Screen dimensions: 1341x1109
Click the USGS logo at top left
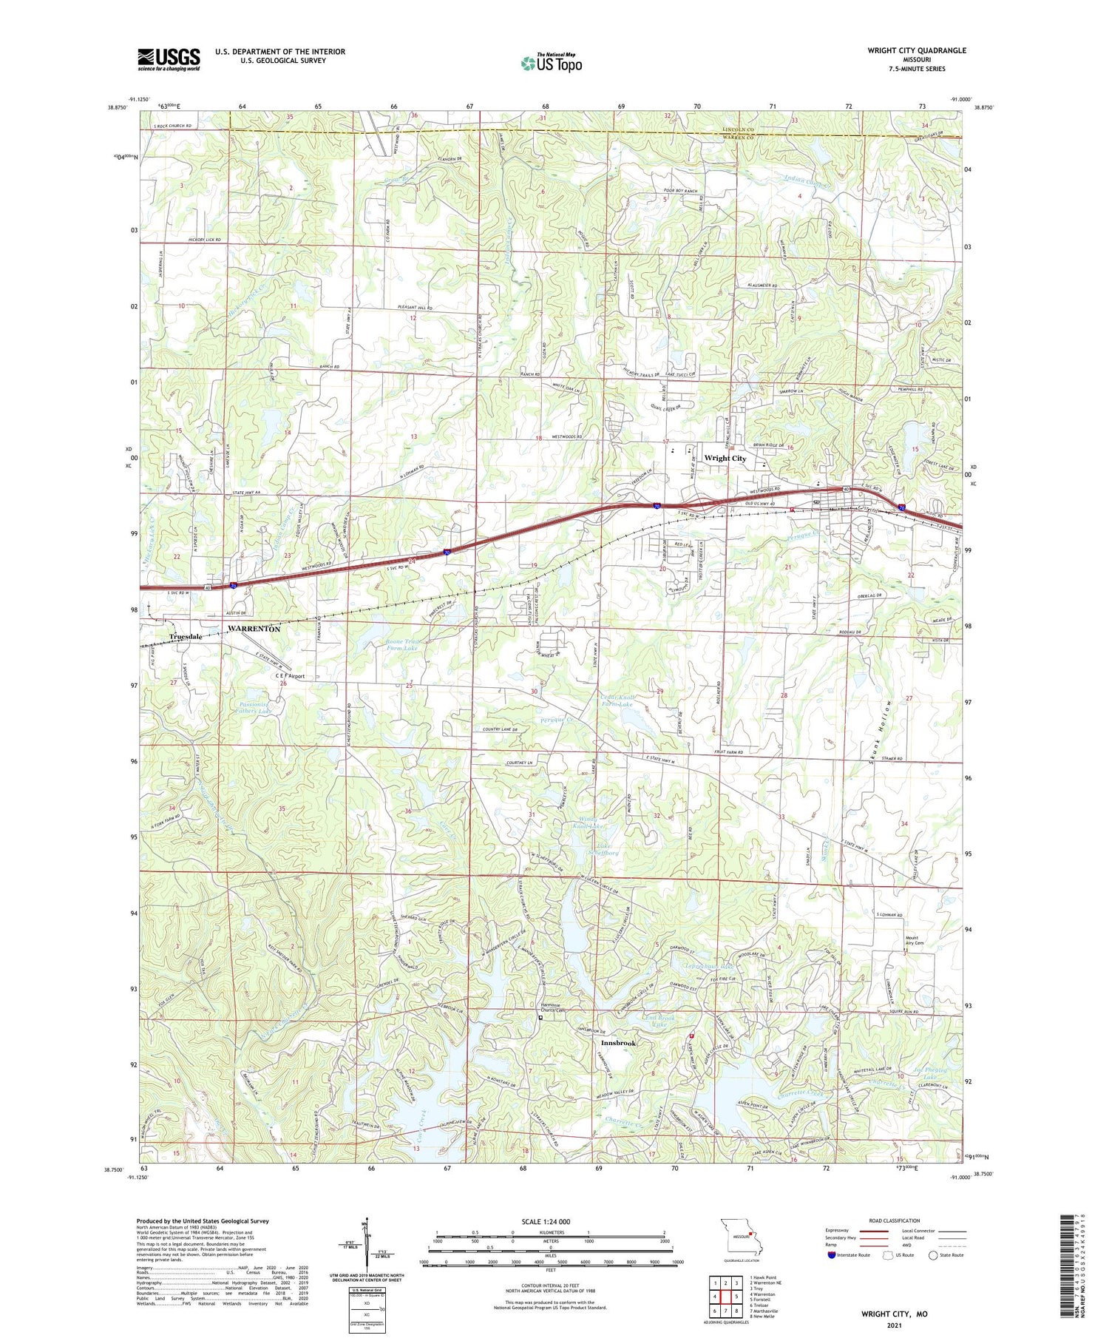click(x=169, y=59)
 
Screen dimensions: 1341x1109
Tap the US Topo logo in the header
click(x=552, y=63)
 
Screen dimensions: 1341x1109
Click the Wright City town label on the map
click(x=725, y=458)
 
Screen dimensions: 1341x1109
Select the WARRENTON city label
click(x=254, y=628)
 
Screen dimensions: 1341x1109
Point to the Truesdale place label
click(x=186, y=636)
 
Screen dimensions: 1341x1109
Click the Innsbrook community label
click(x=617, y=1043)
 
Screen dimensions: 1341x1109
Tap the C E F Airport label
click(x=290, y=676)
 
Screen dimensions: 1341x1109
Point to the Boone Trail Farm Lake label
click(x=401, y=644)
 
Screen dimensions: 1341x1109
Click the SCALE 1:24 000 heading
click(x=546, y=1221)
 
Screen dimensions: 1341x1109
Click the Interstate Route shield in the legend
click(x=831, y=1254)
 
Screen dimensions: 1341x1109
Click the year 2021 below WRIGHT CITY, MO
click(x=894, y=1324)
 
